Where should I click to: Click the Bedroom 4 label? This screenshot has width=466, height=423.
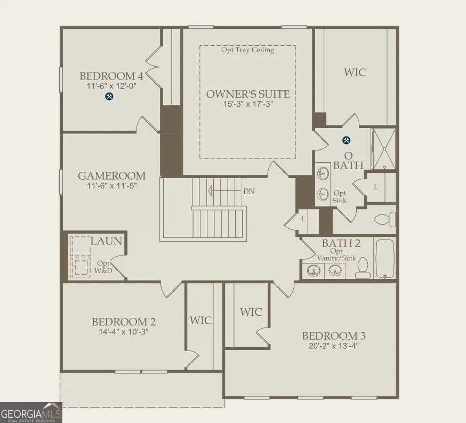click(111, 76)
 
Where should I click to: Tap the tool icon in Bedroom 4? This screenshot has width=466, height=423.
click(109, 97)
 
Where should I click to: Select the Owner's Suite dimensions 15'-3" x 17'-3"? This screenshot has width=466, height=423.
click(248, 104)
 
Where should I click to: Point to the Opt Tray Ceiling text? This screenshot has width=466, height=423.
click(248, 50)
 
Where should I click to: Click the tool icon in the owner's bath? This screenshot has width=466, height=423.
click(346, 140)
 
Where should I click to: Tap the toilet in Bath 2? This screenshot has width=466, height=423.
click(362, 267)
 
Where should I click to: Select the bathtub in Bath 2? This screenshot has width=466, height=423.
click(385, 258)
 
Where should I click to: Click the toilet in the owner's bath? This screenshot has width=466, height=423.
click(385, 219)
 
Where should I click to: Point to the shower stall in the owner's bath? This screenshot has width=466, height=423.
click(384, 149)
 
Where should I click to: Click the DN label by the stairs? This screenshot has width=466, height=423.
click(249, 191)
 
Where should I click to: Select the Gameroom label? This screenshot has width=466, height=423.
click(112, 175)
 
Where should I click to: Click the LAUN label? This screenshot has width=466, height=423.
click(106, 241)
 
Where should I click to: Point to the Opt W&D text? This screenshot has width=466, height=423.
click(103, 267)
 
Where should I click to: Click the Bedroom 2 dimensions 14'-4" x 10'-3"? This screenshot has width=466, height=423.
click(124, 332)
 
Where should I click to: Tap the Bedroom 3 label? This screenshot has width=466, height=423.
click(334, 336)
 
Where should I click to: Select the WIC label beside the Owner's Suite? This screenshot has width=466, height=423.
click(355, 72)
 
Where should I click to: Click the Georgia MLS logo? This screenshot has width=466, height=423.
click(31, 412)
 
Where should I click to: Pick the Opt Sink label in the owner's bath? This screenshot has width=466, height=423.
click(340, 197)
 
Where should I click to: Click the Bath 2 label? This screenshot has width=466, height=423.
click(341, 243)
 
